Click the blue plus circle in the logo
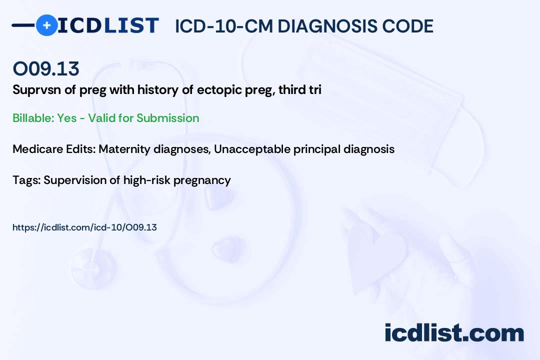point(46,25)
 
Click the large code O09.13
point(46,68)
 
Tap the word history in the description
point(158,90)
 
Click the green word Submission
point(167,118)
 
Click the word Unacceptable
point(252,149)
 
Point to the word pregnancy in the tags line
point(202,180)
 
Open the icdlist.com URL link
point(84,227)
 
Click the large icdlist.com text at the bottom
point(454,332)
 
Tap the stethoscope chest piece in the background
point(93,268)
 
